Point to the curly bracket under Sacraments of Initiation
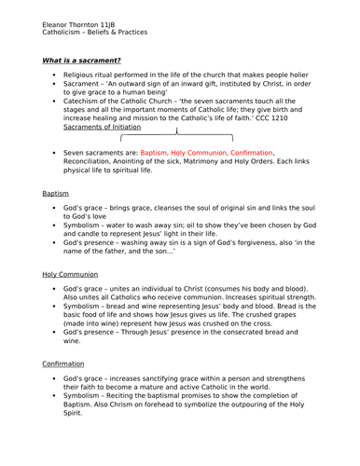pos(176,136)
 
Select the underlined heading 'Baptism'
pos(55,193)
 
